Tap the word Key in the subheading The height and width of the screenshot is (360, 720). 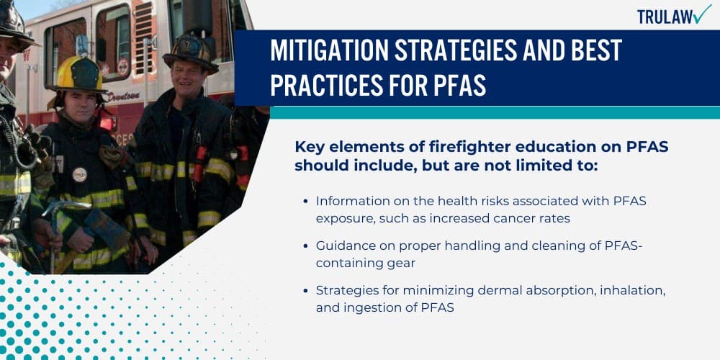tap(310, 146)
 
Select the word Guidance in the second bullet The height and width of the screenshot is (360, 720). tap(341, 246)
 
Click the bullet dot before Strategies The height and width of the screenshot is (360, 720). tap(308, 291)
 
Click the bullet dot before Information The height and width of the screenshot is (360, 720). tap(308, 201)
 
